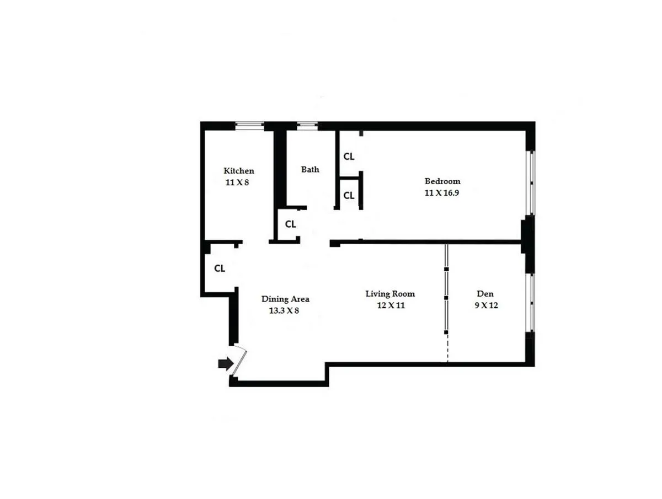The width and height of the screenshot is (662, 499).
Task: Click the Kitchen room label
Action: [238, 171]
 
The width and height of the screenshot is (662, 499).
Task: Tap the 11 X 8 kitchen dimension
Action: [238, 182]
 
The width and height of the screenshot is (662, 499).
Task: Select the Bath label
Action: [310, 169]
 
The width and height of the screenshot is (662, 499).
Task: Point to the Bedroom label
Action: [442, 181]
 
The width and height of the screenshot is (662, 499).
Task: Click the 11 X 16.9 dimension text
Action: [442, 193]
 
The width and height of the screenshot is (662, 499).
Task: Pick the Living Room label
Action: [390, 294]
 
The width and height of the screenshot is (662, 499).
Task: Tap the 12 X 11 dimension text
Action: [390, 305]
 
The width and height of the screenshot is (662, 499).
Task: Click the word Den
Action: [486, 294]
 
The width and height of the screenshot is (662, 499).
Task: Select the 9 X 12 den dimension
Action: [486, 305]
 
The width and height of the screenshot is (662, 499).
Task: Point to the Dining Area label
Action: [285, 299]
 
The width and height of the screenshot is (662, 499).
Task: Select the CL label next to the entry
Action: [220, 269]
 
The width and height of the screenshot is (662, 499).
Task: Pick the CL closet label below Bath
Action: [290, 224]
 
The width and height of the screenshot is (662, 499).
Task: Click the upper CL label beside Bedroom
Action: [349, 156]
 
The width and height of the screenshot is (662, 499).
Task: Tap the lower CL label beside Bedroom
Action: [349, 195]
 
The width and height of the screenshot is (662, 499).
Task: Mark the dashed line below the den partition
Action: [447, 348]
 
